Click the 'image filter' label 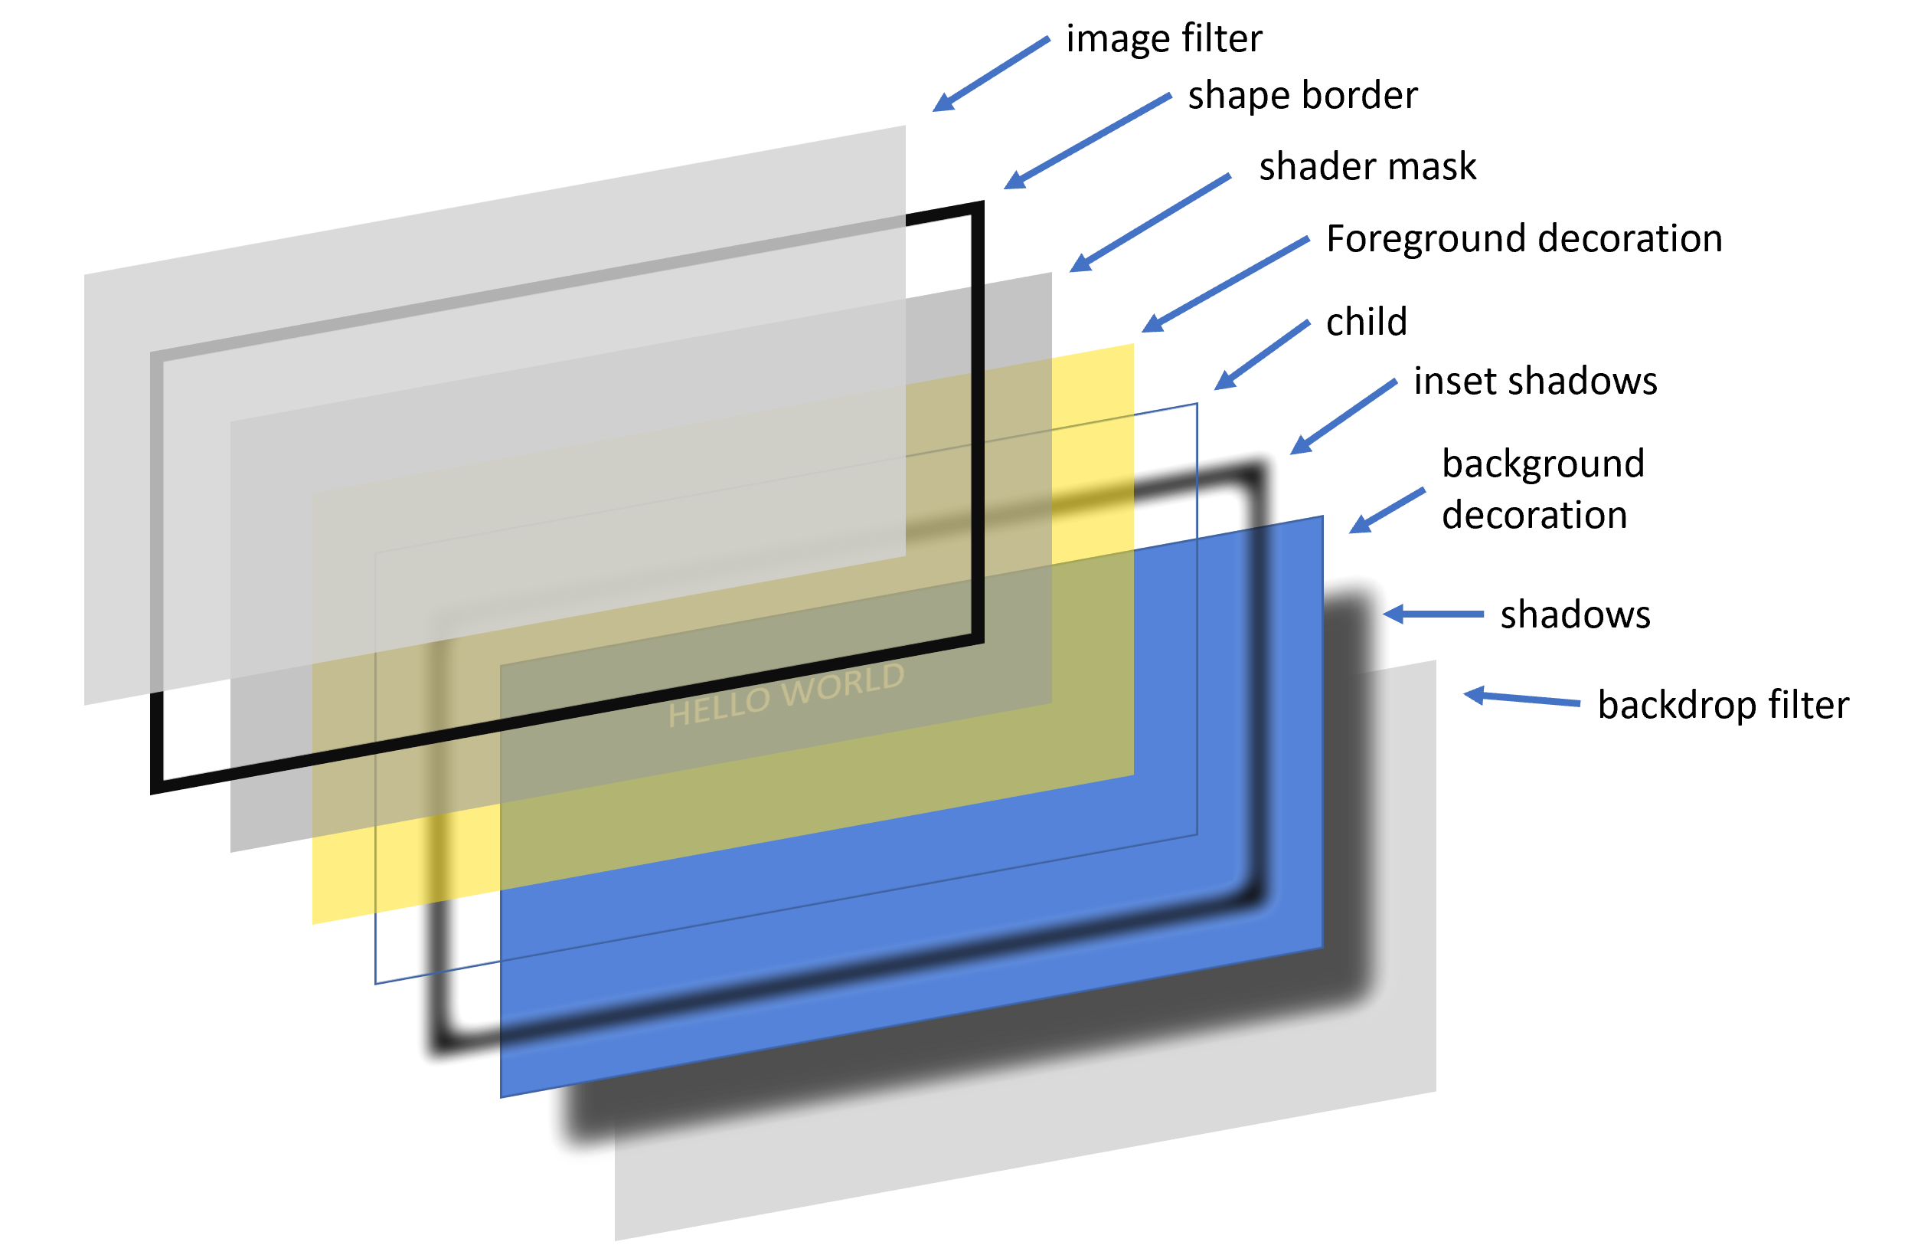(1164, 39)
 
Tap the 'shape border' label (1302, 96)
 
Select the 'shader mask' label (1367, 166)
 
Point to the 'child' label (1366, 323)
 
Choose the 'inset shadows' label (1535, 382)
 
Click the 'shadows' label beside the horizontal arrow (1575, 614)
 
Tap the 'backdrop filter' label (1723, 705)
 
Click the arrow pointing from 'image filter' (991, 74)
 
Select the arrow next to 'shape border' (1087, 141)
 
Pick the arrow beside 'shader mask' (1150, 222)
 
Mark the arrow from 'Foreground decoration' (1225, 284)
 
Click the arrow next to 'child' (1262, 356)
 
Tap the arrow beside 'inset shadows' (1343, 417)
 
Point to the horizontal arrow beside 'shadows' (1433, 614)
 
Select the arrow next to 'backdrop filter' (1521, 699)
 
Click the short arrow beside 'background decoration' (1387, 510)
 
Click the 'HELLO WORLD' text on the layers (786, 695)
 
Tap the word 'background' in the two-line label (1542, 464)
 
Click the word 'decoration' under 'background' (1534, 516)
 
